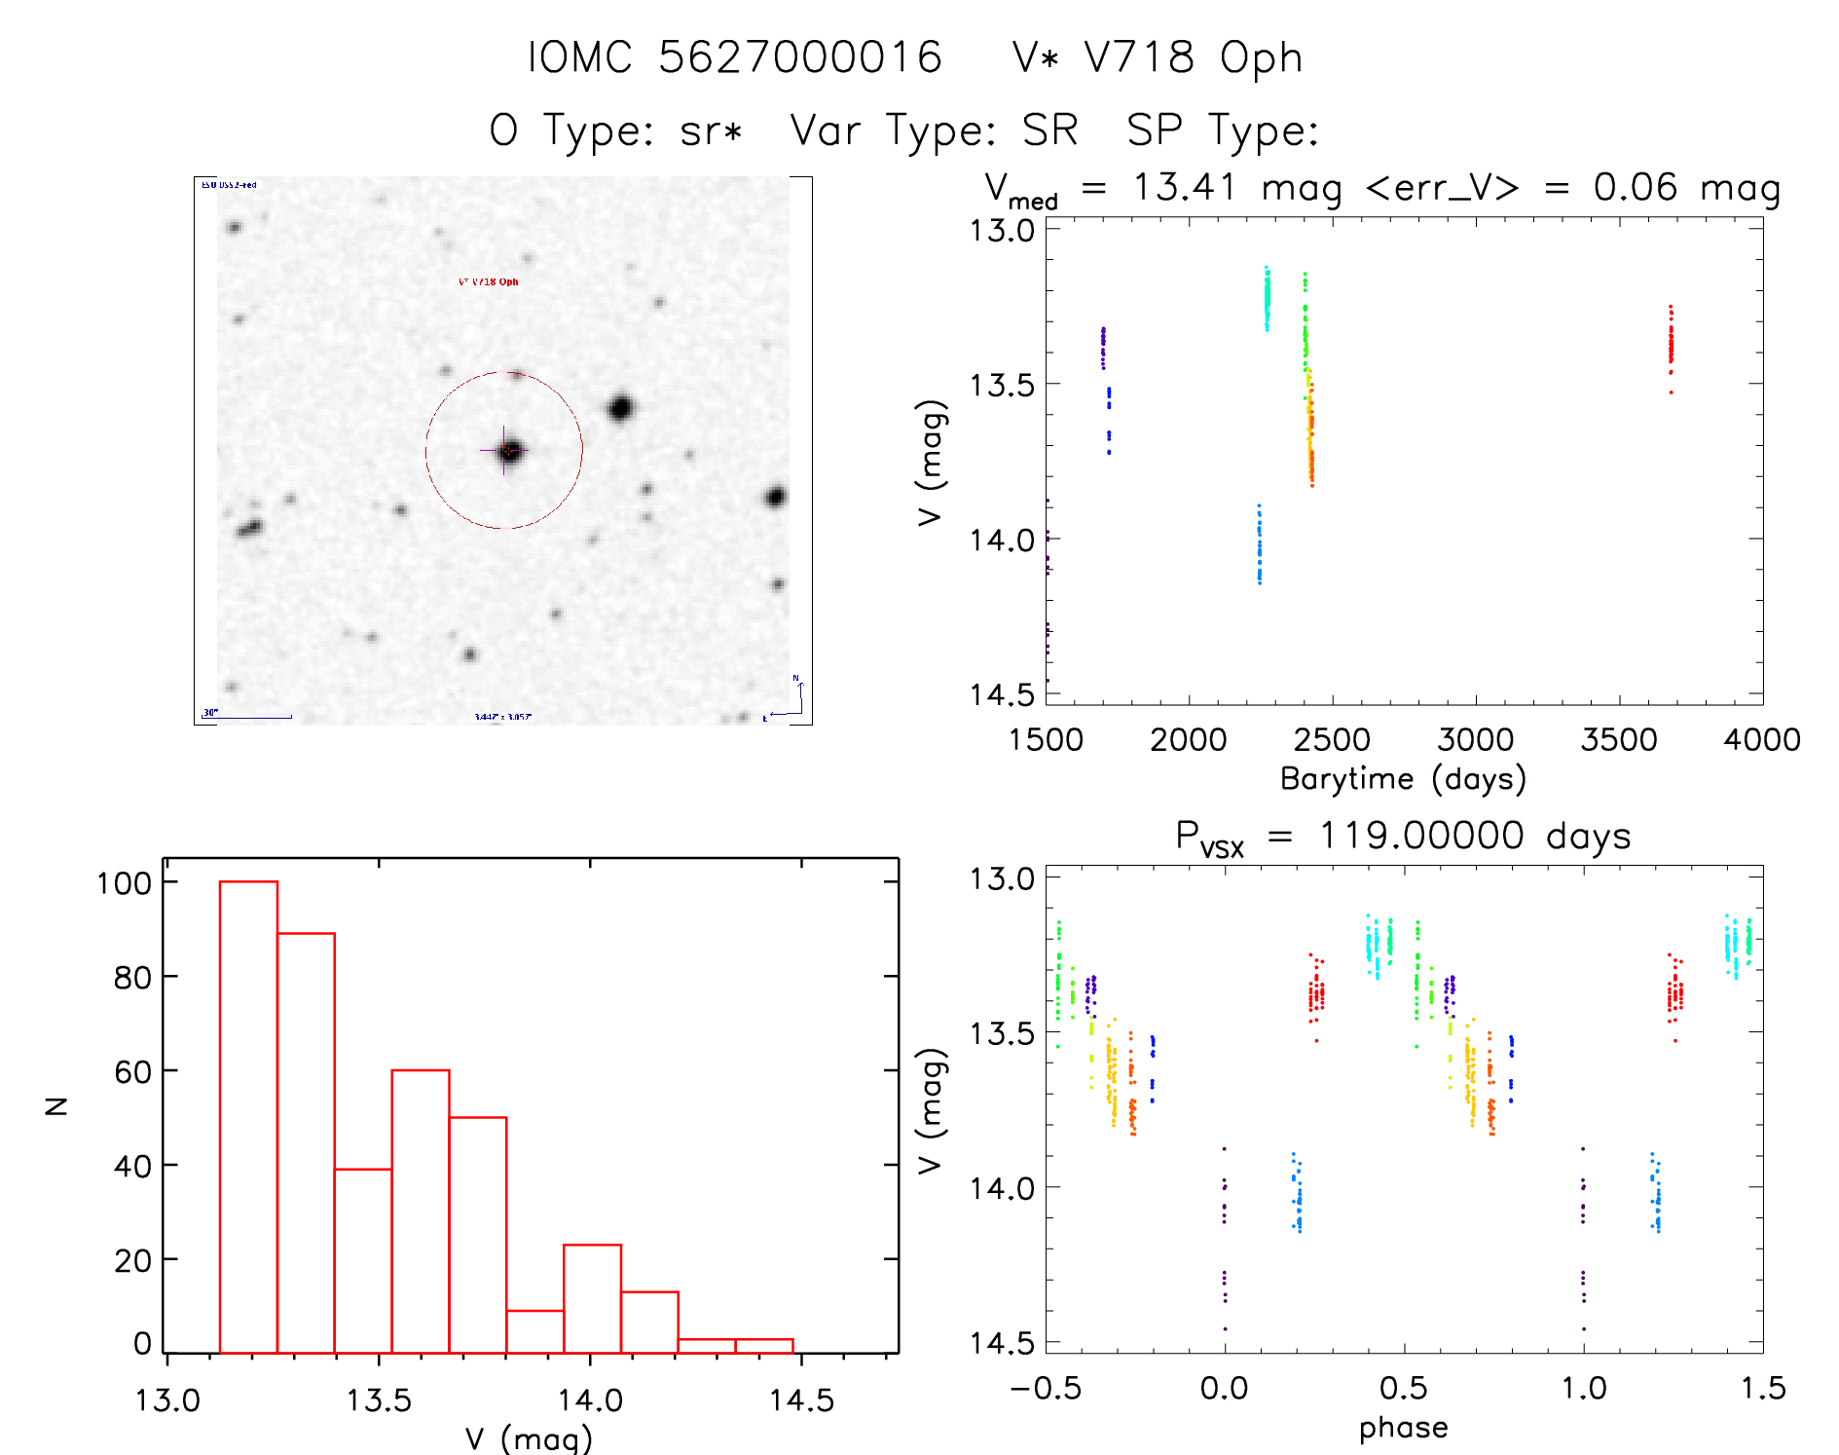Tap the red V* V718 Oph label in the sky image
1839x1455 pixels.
click(489, 281)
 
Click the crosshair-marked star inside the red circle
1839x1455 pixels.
click(509, 451)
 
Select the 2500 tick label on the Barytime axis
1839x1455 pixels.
click(1332, 740)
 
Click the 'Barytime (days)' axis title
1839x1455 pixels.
click(1403, 779)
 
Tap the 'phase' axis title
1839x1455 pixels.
click(1403, 1428)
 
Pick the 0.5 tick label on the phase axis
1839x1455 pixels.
click(1403, 1388)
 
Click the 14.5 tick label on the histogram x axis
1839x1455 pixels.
click(801, 1400)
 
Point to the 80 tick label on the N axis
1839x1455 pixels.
click(131, 977)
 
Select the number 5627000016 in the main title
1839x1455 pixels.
click(800, 57)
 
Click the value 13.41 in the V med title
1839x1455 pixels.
click(1184, 187)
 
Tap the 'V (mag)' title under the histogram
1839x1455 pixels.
click(528, 1439)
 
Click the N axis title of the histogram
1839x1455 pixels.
click(56, 1105)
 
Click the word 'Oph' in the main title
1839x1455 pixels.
click(1261, 58)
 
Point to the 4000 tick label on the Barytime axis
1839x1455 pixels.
click(1761, 740)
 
